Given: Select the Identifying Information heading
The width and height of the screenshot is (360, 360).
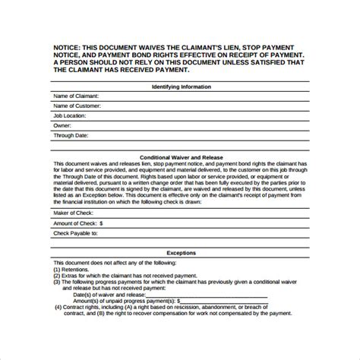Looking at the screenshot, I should tap(179, 87).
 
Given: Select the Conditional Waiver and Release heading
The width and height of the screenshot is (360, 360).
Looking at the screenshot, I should tap(179, 156).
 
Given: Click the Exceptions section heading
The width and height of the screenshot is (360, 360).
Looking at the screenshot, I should tap(179, 253).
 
